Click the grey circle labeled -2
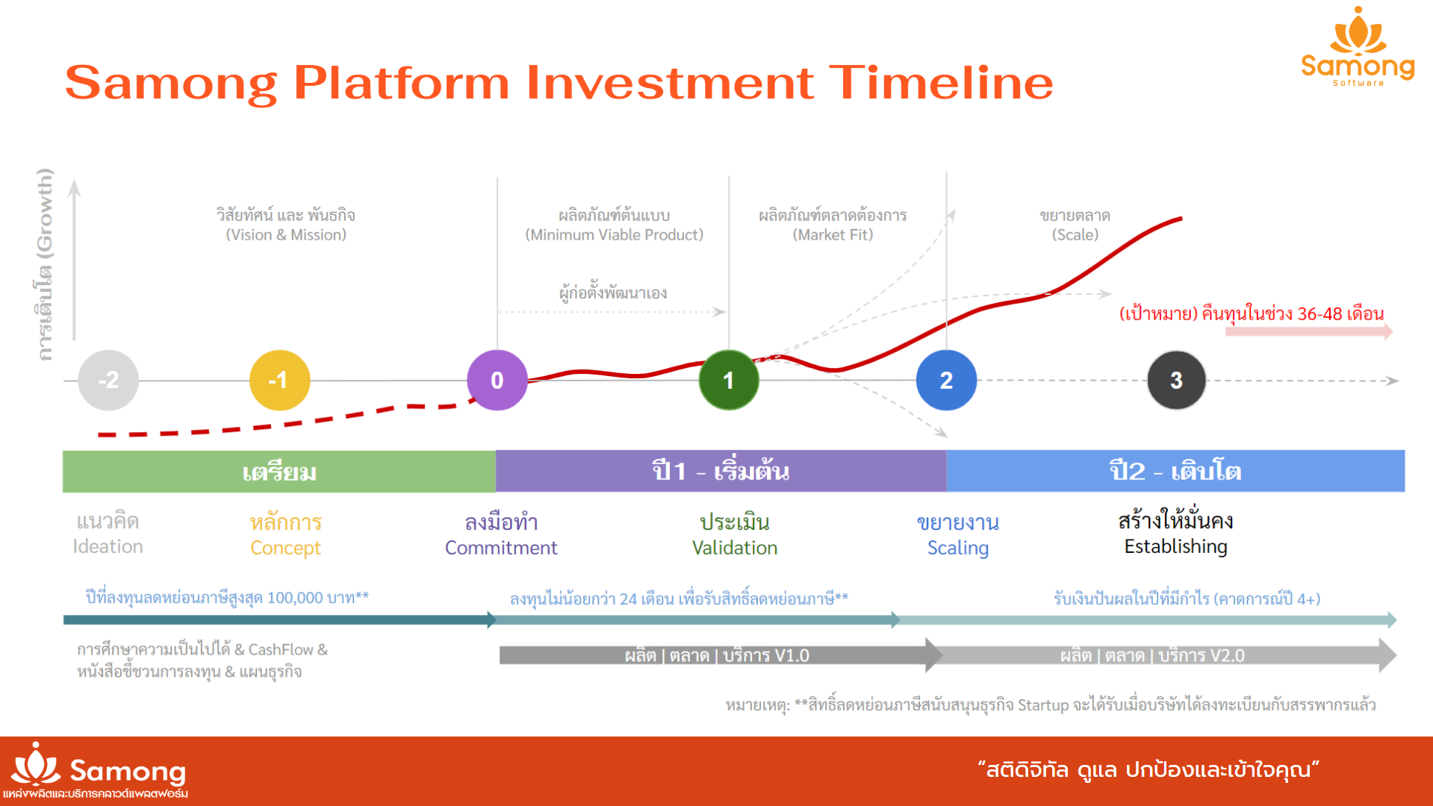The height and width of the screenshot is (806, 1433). [x=108, y=381]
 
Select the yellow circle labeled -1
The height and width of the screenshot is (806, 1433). [x=279, y=381]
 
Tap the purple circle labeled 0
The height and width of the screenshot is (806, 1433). [x=497, y=381]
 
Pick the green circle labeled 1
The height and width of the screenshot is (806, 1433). [x=729, y=381]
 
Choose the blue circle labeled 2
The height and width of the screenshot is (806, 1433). [x=946, y=381]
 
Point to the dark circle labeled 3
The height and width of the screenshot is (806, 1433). [x=1176, y=381]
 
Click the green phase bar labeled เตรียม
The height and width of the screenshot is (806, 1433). [x=279, y=472]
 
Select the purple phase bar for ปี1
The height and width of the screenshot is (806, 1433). [x=721, y=471]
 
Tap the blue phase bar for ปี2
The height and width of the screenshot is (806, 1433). [x=1175, y=471]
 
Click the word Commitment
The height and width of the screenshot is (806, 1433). [x=501, y=548]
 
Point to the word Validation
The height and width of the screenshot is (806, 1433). [x=735, y=548]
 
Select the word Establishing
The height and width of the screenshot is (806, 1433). [x=1176, y=547]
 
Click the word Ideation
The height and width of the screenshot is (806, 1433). [x=108, y=546]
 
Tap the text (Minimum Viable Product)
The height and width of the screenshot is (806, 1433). [x=615, y=235]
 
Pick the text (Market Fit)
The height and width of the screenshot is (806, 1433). [x=833, y=235]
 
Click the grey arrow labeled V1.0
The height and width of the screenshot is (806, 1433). [x=721, y=655]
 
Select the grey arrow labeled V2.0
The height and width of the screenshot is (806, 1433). [x=1161, y=655]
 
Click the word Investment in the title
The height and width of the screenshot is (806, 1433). [x=670, y=82]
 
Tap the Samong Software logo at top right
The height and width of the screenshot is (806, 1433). [x=1358, y=46]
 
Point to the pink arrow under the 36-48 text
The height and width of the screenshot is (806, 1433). [x=1309, y=331]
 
